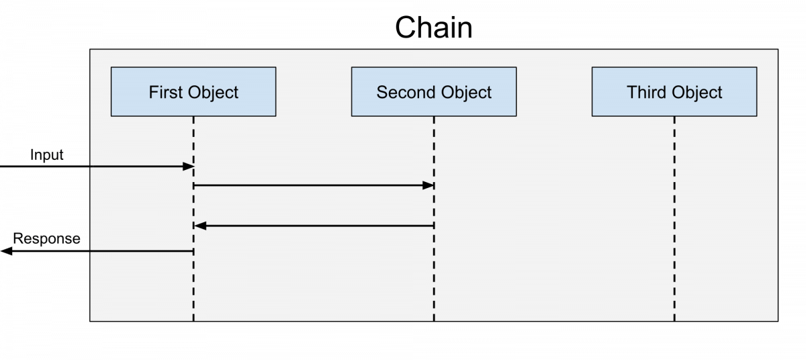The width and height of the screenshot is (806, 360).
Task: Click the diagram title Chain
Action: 433,28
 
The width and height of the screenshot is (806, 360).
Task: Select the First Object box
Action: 193,91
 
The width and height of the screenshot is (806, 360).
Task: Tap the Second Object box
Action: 433,91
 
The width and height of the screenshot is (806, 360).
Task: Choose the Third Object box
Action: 674,91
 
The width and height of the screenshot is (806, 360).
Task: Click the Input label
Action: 46,154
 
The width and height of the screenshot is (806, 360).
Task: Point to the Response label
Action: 46,238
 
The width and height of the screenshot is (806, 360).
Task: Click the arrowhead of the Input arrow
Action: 189,166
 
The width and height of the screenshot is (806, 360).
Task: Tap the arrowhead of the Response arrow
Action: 6,251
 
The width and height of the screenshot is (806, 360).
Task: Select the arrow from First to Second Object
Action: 309,185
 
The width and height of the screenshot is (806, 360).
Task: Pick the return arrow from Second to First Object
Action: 316,226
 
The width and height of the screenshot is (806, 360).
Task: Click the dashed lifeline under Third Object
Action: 674,222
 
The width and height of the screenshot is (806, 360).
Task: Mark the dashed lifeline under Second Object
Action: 433,275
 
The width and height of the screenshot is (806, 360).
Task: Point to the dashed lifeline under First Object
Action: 193,289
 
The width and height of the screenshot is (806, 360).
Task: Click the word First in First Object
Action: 165,92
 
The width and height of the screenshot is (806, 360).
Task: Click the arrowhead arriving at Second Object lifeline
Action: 428,185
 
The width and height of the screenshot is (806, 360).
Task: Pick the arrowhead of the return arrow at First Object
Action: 199,226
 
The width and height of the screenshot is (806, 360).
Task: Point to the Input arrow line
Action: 94,166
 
